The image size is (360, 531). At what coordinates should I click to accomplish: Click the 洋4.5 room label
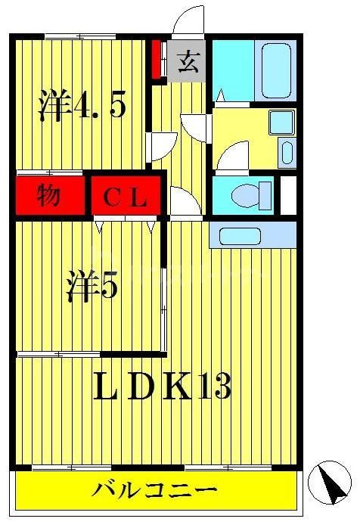pyautogui.click(x=82, y=106)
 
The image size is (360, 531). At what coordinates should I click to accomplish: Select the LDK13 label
pyautogui.click(x=161, y=387)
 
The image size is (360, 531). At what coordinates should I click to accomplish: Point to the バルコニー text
pyautogui.click(x=155, y=491)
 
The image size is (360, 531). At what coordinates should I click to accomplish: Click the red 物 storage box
pyautogui.click(x=49, y=197)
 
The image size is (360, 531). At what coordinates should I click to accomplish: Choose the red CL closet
pyautogui.click(x=126, y=198)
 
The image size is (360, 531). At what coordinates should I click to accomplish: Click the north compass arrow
pyautogui.click(x=329, y=481)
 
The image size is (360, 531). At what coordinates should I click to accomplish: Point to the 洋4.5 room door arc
pyautogui.click(x=163, y=146)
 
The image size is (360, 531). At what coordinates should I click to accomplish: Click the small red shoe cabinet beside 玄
pyautogui.click(x=157, y=59)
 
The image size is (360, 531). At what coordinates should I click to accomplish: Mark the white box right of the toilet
pyautogui.click(x=287, y=195)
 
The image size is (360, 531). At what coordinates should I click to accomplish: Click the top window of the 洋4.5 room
pyautogui.click(x=79, y=36)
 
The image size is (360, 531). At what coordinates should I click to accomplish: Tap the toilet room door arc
pyautogui.click(x=183, y=202)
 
